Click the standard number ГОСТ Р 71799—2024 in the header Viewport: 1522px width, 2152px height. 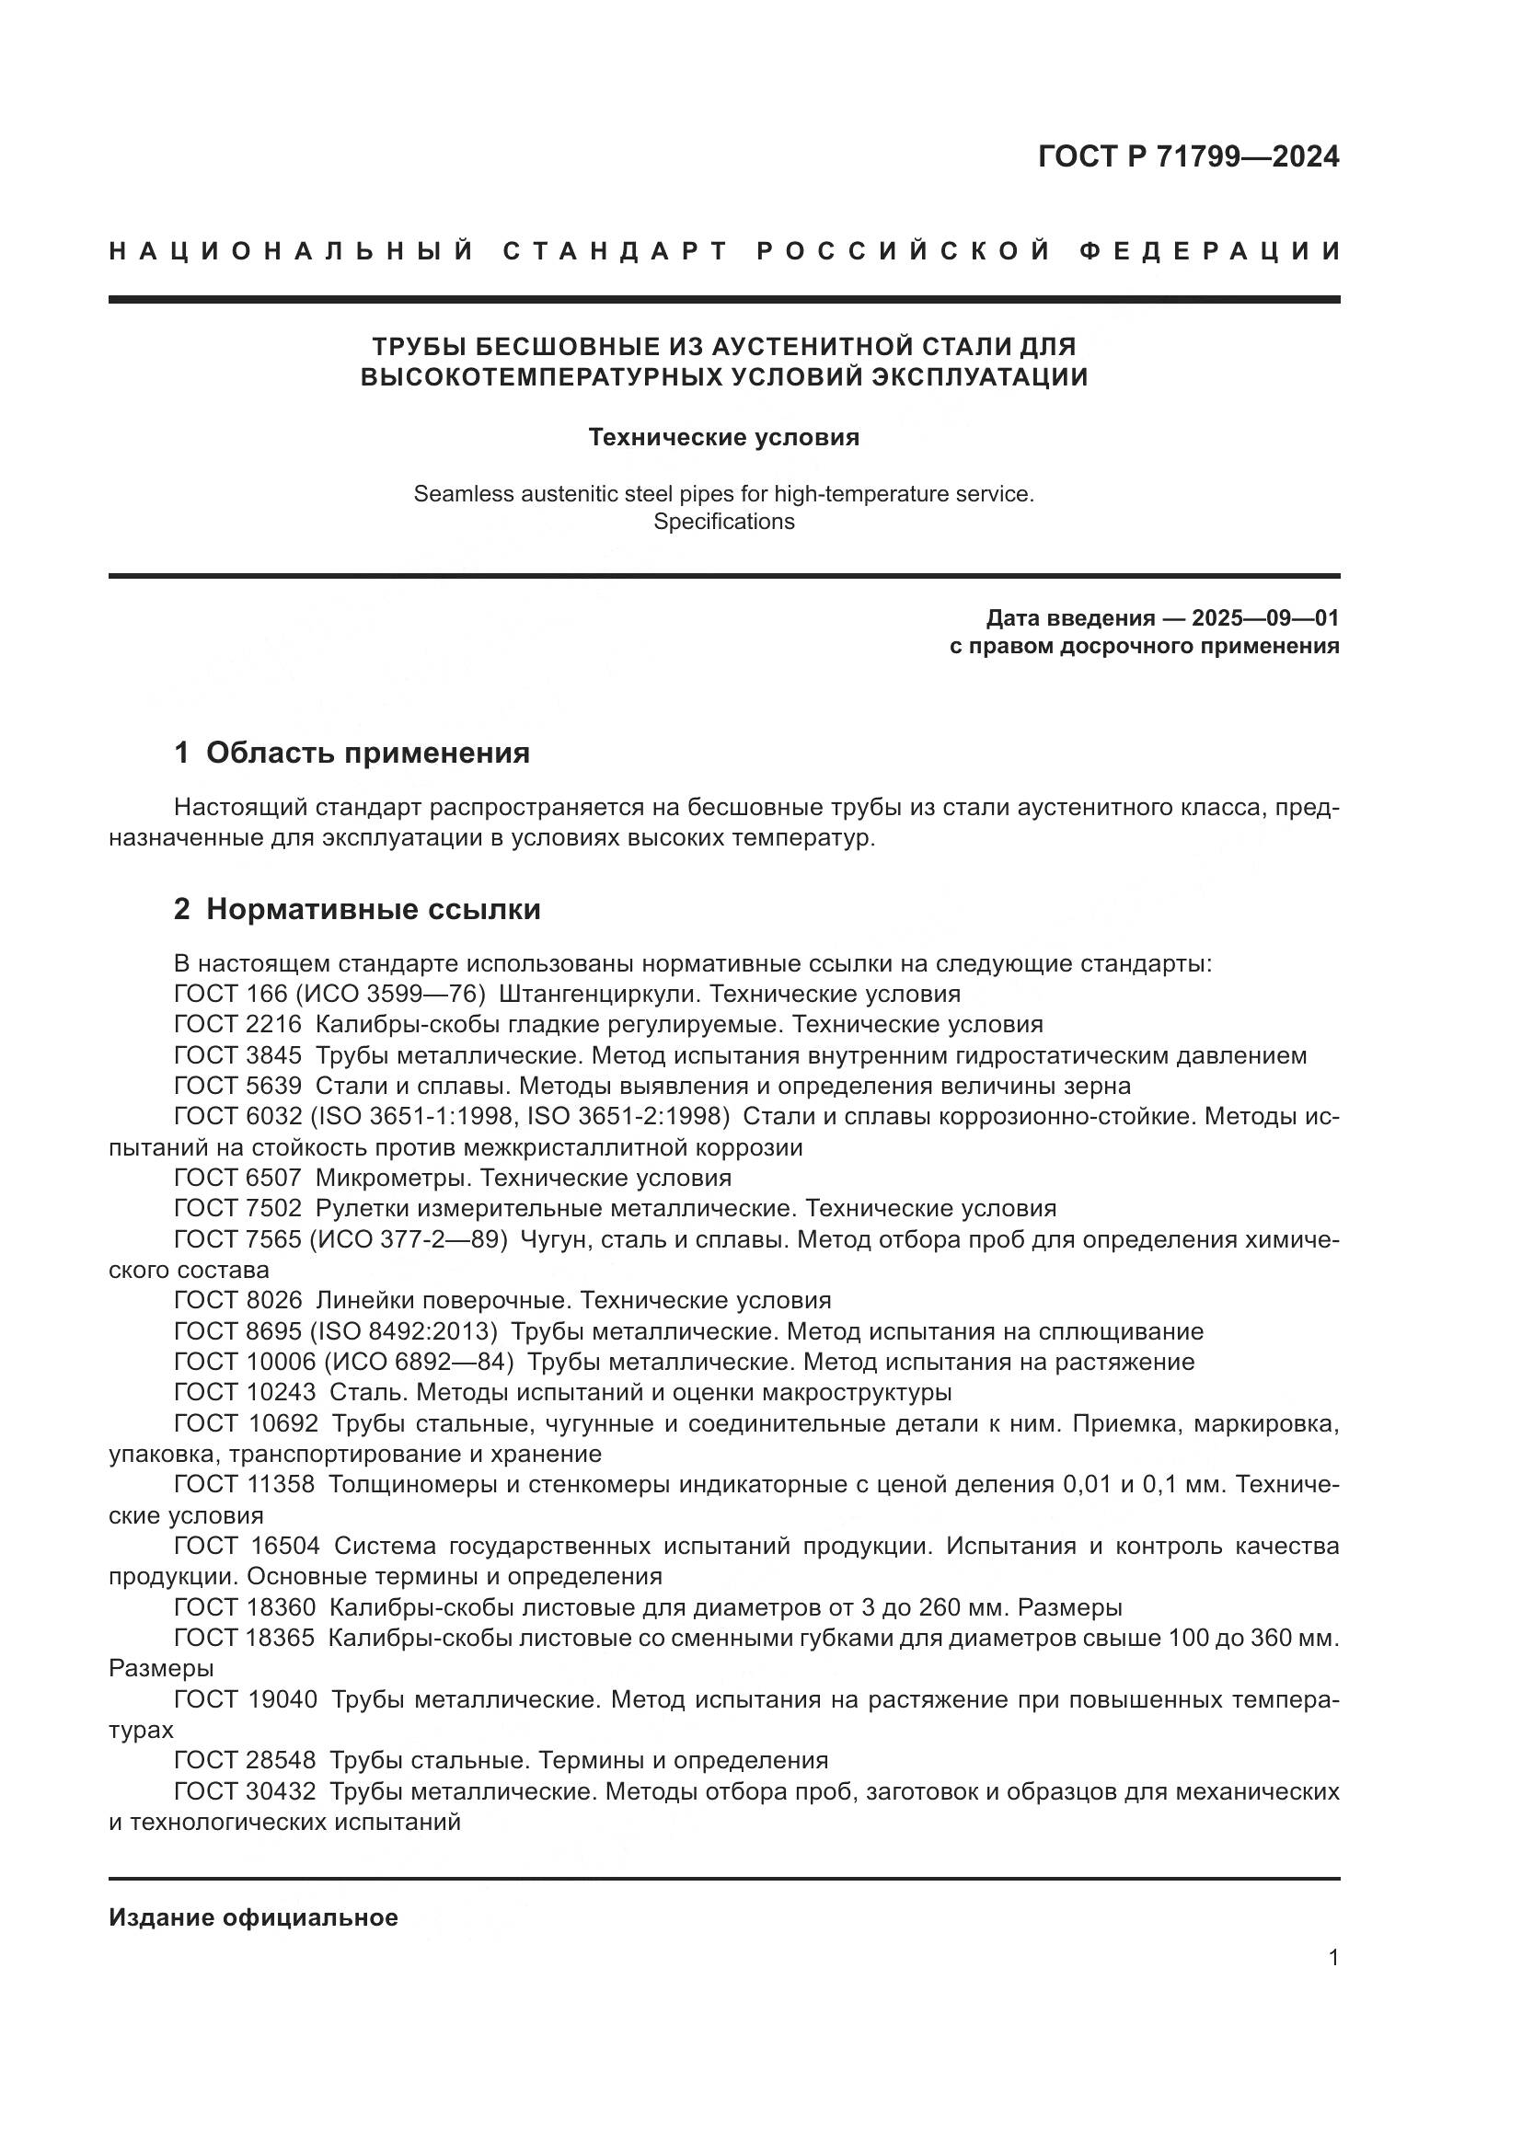click(x=1187, y=156)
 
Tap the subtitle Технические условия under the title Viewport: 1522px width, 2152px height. click(x=723, y=438)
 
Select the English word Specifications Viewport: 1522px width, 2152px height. click(x=723, y=522)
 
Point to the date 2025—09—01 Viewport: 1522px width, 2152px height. click(x=1264, y=618)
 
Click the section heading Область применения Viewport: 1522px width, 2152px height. click(x=367, y=753)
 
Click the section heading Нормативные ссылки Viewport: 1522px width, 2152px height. click(x=373, y=909)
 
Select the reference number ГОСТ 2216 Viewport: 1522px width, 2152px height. click(x=237, y=1024)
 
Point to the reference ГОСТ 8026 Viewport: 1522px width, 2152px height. click(x=237, y=1301)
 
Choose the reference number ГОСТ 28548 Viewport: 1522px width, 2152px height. click(x=245, y=1761)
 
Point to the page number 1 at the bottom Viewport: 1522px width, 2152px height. click(x=1332, y=1985)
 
